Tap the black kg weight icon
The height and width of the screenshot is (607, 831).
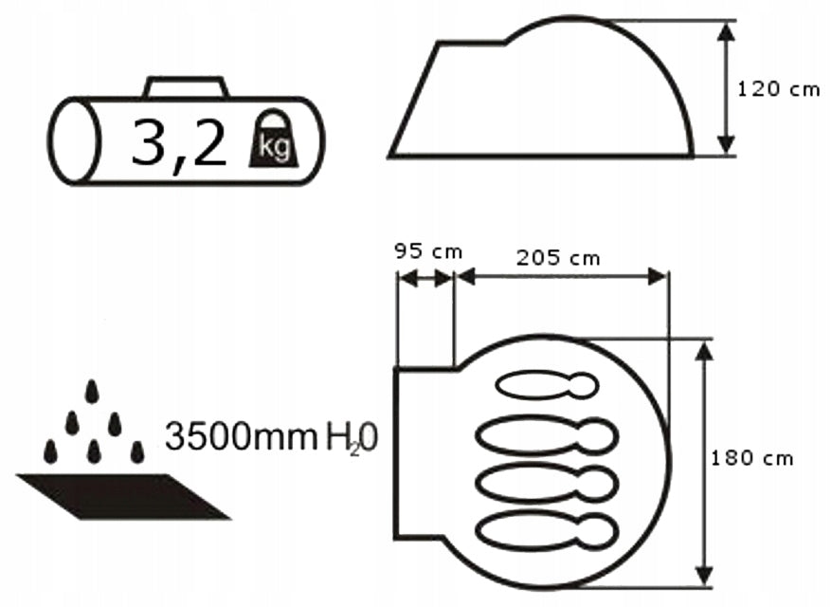point(274,139)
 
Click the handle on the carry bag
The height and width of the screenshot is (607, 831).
point(186,87)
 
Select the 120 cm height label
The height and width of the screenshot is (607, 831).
point(779,88)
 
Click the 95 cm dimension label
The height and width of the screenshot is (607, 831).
point(428,251)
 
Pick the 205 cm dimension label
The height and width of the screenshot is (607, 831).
point(559,258)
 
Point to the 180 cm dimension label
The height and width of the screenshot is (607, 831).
point(751,458)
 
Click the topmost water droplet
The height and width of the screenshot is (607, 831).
point(92,392)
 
